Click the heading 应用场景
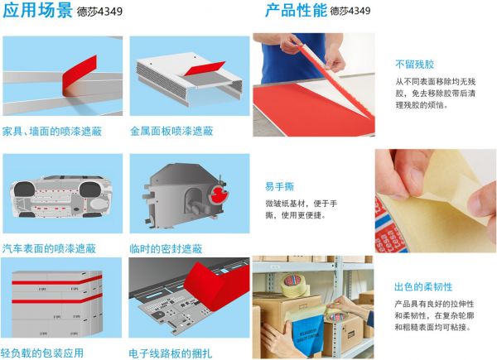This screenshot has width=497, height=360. click(37, 11)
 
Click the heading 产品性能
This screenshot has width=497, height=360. click(296, 11)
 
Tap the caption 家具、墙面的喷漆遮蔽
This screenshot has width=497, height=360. click(52, 131)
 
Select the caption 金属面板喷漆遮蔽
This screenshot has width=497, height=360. click(171, 131)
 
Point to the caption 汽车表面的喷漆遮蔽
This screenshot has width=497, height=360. click(49, 248)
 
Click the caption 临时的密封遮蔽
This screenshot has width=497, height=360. click(166, 248)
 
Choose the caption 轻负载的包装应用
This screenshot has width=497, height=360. click(42, 353)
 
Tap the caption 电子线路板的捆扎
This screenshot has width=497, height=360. click(171, 353)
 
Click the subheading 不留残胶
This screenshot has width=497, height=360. click(415, 65)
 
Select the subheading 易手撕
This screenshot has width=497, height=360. click(280, 186)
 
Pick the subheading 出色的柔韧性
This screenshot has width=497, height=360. click(423, 287)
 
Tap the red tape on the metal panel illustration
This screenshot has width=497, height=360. click(205, 68)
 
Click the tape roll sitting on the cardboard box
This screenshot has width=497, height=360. click(295, 286)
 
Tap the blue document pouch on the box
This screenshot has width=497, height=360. click(308, 336)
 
